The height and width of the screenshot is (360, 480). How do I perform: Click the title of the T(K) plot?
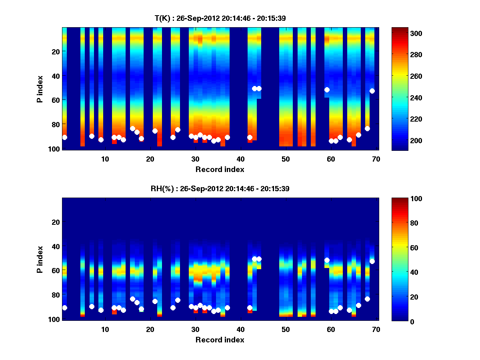click(x=220, y=18)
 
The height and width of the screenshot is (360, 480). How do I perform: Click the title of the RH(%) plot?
click(x=220, y=189)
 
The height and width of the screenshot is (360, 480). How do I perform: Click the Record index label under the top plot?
click(x=220, y=169)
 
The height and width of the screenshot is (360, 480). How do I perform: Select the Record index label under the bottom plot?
click(x=220, y=340)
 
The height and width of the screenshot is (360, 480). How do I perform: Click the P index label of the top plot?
click(x=40, y=88)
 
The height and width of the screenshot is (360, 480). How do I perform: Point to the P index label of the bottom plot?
click(x=40, y=259)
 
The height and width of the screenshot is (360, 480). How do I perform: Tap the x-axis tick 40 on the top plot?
click(x=240, y=158)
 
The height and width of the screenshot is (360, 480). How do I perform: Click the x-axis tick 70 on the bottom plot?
click(x=376, y=329)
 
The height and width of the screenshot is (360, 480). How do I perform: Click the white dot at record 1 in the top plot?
click(x=64, y=137)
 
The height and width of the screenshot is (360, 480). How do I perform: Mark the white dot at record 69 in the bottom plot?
click(x=372, y=261)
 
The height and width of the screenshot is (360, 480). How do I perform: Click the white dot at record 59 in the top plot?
click(x=327, y=90)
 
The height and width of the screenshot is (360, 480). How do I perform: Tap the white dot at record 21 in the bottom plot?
click(x=155, y=301)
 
